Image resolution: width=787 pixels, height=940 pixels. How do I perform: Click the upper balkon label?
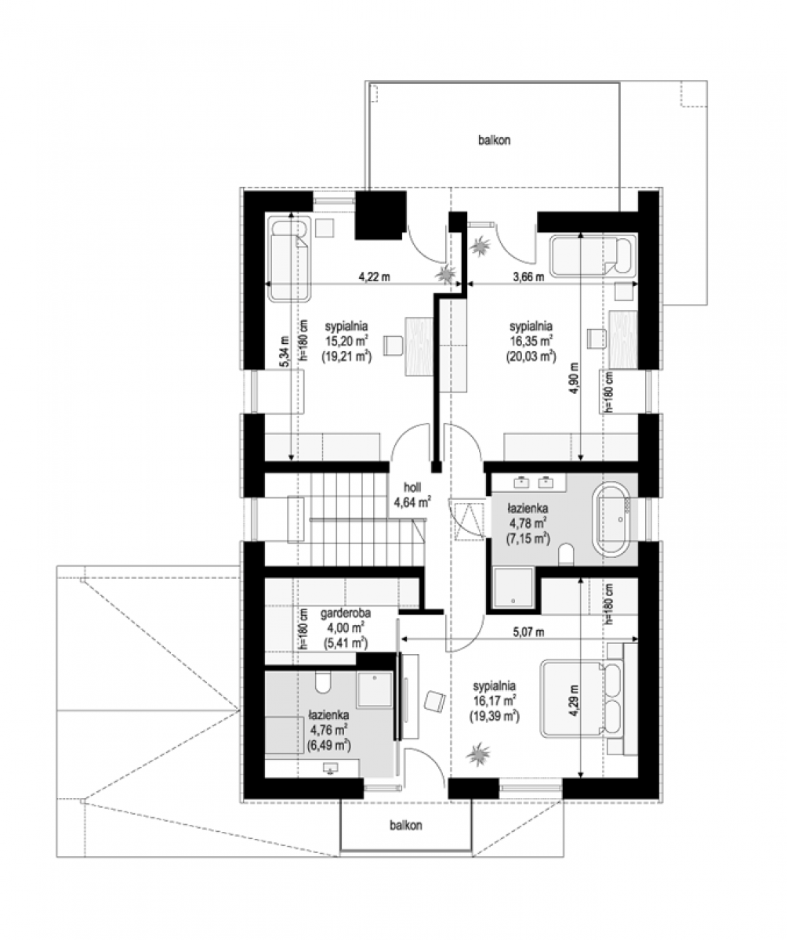coord(494,140)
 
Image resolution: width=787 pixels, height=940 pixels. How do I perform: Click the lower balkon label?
coord(405,825)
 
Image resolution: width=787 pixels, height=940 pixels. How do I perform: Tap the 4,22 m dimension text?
coord(373,277)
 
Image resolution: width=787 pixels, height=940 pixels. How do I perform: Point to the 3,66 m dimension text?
coord(528,277)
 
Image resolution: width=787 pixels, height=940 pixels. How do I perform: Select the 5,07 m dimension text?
coord(528,632)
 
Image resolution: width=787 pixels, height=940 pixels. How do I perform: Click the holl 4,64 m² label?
coord(412,494)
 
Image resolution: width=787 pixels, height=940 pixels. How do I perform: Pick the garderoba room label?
coord(346,613)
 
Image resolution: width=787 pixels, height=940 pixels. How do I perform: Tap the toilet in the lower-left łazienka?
coord(322,682)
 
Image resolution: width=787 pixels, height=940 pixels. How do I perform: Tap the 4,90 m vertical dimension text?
coord(574,378)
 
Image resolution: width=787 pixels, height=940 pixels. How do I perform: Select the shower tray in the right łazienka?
coord(513,587)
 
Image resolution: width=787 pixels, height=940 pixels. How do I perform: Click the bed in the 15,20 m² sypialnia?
coord(289,258)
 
